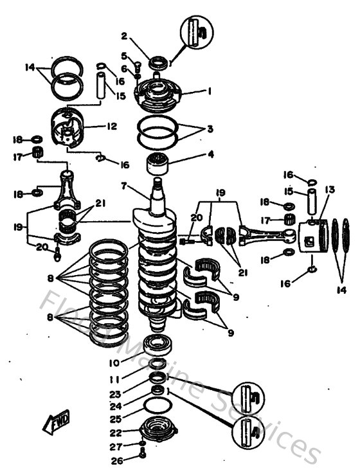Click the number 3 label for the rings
[x=210, y=129]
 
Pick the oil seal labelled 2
[x=157, y=62]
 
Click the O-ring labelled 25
[x=156, y=406]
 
